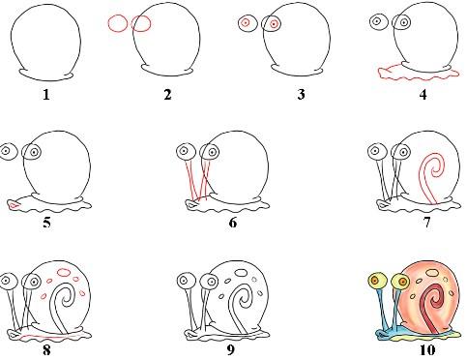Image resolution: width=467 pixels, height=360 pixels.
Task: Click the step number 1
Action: pyautogui.click(x=46, y=95)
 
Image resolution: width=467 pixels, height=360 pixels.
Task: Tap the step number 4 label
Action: pyautogui.click(x=423, y=95)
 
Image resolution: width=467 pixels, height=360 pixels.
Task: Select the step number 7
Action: pyautogui.click(x=426, y=223)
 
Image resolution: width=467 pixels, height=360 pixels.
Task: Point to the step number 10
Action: pyautogui.click(x=427, y=350)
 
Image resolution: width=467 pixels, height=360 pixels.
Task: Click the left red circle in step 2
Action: pyautogui.click(x=118, y=23)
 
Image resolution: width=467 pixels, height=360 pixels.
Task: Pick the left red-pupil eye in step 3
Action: pyautogui.click(x=246, y=23)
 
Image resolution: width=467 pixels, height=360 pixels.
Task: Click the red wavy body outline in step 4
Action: pyautogui.click(x=419, y=75)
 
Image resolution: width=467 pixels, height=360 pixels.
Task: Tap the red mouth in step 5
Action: pyautogui.click(x=14, y=205)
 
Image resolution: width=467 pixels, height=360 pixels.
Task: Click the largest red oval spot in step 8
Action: pyautogui.click(x=64, y=273)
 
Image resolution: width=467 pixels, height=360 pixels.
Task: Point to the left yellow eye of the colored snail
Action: pyautogui.click(x=377, y=281)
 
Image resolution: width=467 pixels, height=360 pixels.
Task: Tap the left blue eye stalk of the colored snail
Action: pyautogui.click(x=382, y=308)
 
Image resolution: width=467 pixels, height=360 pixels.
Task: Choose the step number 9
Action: pyautogui.click(x=231, y=350)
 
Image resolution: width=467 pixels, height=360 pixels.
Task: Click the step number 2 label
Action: pyautogui.click(x=167, y=95)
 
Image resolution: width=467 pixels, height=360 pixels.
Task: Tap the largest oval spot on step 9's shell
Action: pyautogui.click(x=241, y=273)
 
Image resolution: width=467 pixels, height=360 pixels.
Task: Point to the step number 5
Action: pyautogui.click(x=47, y=223)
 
